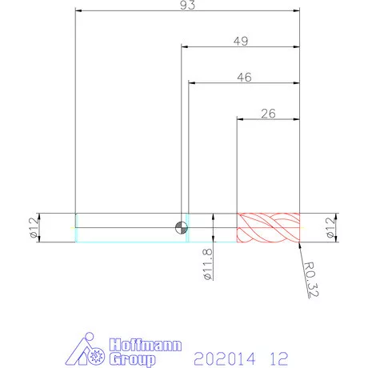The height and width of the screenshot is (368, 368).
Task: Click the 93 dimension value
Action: [x=187, y=5]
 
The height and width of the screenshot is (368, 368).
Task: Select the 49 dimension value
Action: [x=241, y=41]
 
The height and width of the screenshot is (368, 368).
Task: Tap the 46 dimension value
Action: [x=244, y=77]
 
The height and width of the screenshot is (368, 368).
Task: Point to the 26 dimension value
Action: [x=268, y=114]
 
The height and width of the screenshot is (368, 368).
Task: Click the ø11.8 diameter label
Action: [x=208, y=264]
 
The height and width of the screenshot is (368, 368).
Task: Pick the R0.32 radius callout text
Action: [x=311, y=280]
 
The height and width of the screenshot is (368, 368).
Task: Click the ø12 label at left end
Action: [x=34, y=227]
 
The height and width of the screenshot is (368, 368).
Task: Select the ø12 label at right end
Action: [x=330, y=227]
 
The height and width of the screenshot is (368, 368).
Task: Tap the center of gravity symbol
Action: [x=182, y=227]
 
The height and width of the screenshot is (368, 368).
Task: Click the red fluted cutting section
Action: [x=268, y=228]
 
